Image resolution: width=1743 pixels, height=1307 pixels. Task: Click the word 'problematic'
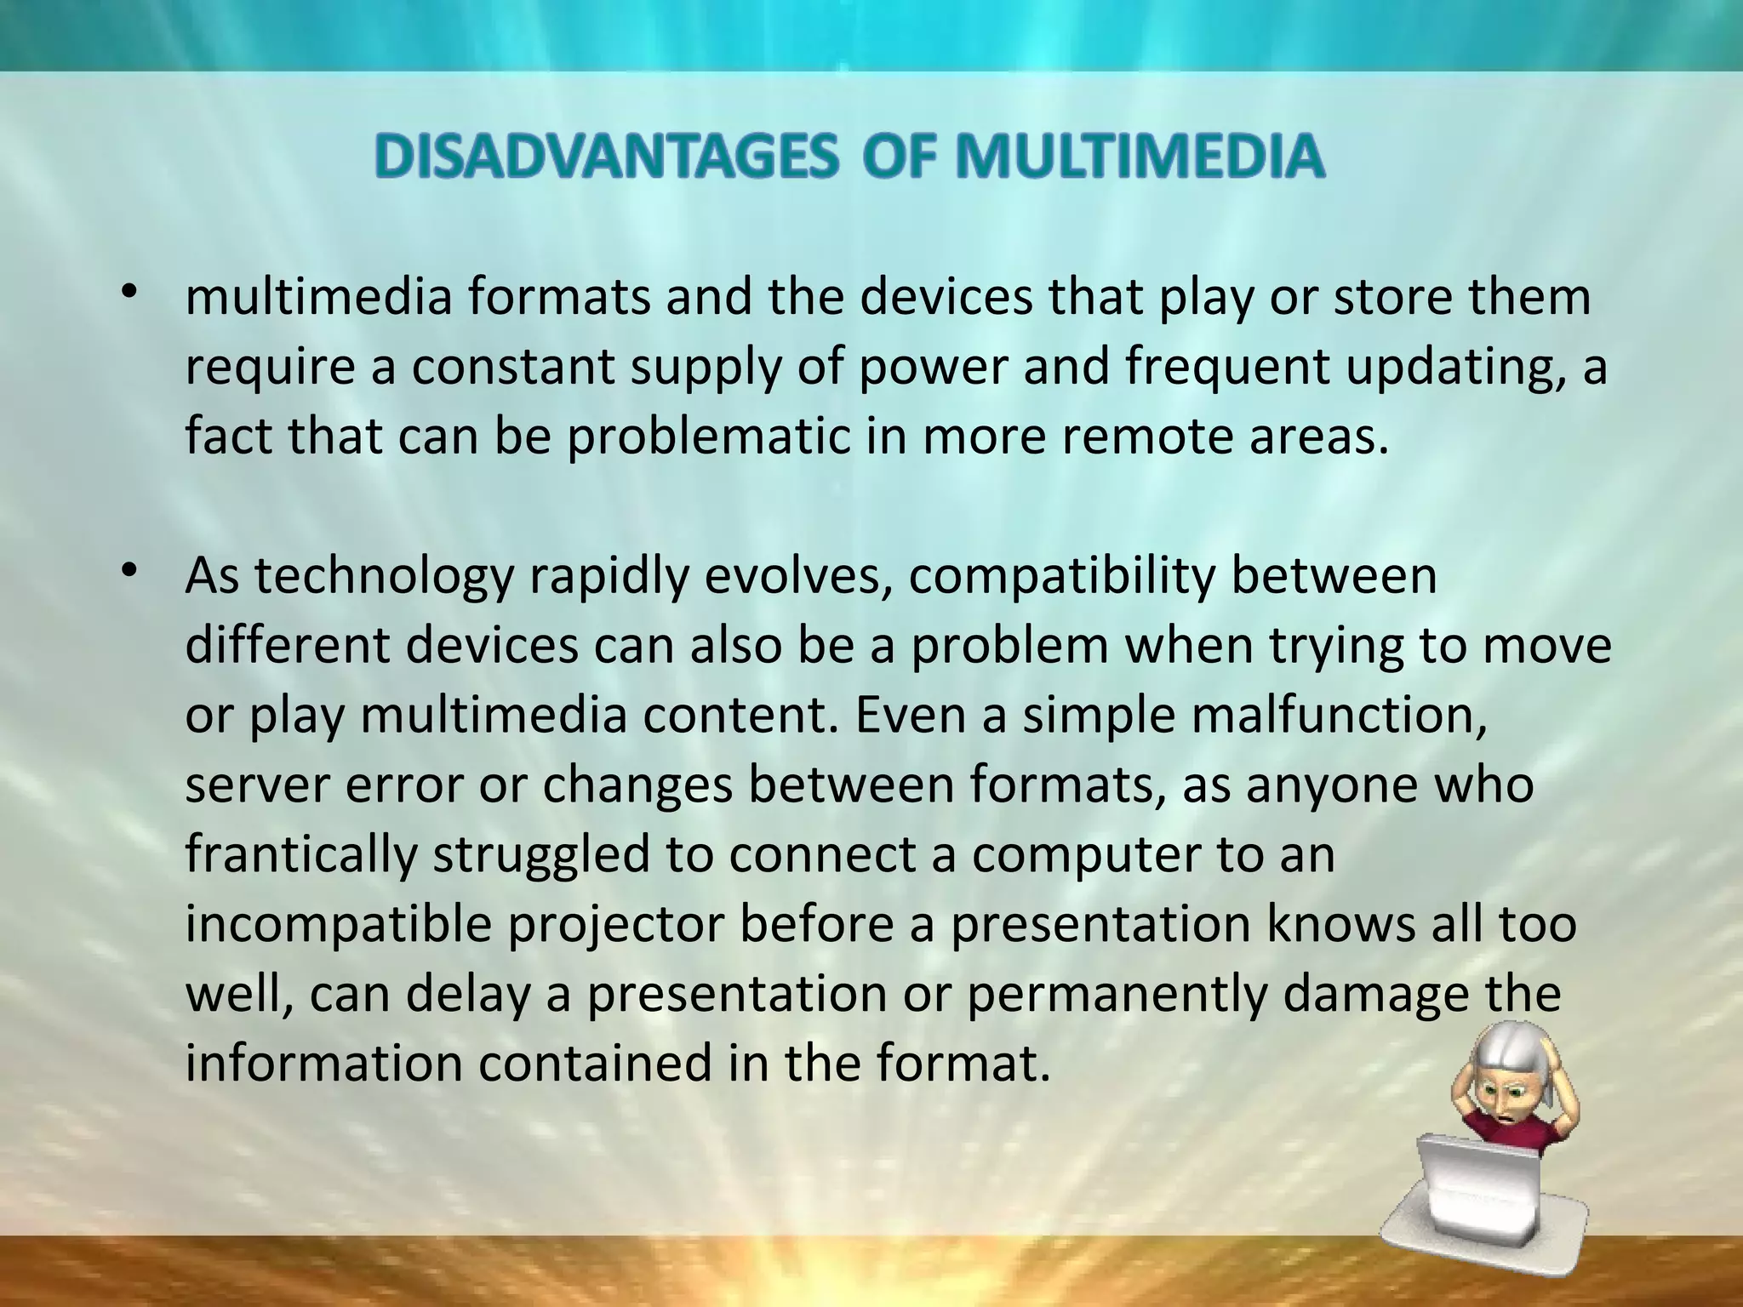pyautogui.click(x=709, y=437)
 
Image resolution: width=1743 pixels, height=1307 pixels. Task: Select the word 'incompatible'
pyautogui.click(x=339, y=925)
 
